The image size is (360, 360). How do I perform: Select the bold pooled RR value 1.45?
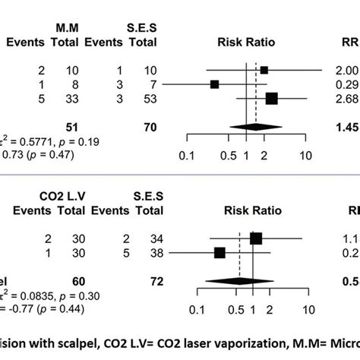346,128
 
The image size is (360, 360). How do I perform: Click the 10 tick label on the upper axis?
305,156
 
